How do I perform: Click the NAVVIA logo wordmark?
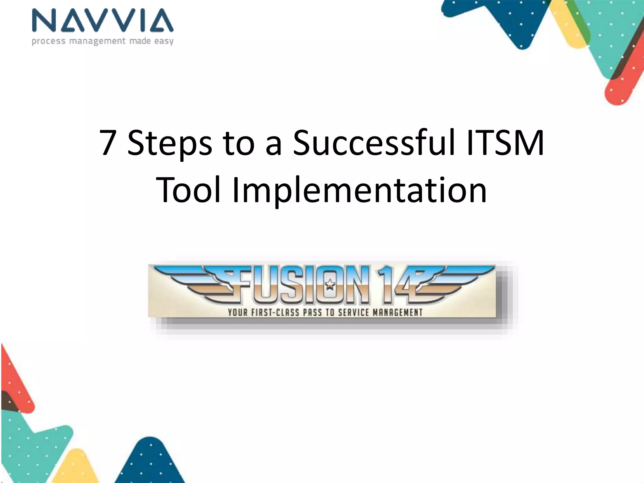click(103, 21)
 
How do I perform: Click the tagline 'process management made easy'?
click(103, 41)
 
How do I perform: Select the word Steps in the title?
click(170, 143)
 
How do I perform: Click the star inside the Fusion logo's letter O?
click(330, 285)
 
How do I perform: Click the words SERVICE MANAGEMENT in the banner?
click(380, 313)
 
